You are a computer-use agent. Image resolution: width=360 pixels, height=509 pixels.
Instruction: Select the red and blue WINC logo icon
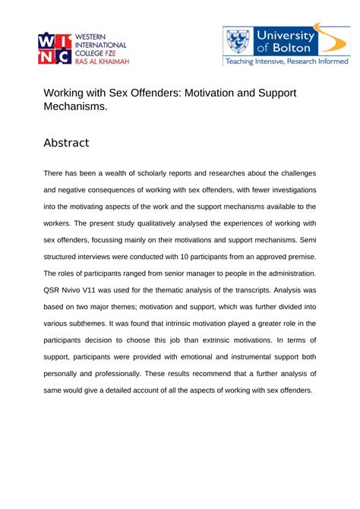pos(55,51)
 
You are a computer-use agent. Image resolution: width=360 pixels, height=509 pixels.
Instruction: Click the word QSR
pos(55,289)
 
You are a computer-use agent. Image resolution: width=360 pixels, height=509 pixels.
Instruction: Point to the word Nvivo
pos(85,289)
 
